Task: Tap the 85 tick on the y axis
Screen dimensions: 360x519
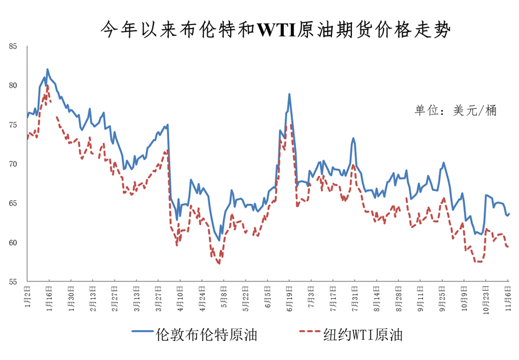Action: (x=13, y=46)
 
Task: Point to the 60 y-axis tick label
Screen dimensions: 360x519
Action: (x=13, y=243)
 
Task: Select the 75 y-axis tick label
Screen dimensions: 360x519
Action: (x=13, y=125)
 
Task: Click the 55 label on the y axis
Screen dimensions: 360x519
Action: (x=13, y=282)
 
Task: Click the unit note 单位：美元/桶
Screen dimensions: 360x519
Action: (x=455, y=110)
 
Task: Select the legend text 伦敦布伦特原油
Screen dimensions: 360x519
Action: (x=206, y=335)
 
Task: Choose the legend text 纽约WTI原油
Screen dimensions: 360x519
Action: (x=361, y=335)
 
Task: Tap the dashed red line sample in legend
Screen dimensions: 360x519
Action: (x=304, y=332)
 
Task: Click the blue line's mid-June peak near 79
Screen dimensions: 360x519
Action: (x=290, y=94)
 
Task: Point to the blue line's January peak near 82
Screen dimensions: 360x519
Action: (x=47, y=69)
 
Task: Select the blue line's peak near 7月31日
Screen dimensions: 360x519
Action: (x=354, y=138)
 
